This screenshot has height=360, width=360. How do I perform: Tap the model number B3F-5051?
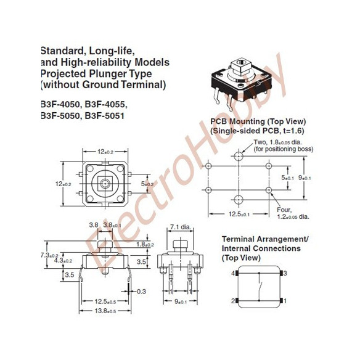click(107, 115)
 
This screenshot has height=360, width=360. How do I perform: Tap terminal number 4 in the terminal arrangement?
click(233, 273)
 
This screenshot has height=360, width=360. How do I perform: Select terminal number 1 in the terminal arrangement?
click(284, 300)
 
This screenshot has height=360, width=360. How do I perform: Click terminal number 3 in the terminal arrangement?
click(284, 273)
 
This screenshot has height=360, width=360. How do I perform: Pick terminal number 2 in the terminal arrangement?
click(233, 300)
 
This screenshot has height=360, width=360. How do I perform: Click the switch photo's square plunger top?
click(240, 64)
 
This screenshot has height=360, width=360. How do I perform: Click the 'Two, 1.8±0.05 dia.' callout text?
click(284, 145)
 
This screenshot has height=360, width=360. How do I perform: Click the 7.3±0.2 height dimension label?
click(49, 255)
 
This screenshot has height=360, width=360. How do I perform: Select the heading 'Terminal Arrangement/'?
click(264, 239)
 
